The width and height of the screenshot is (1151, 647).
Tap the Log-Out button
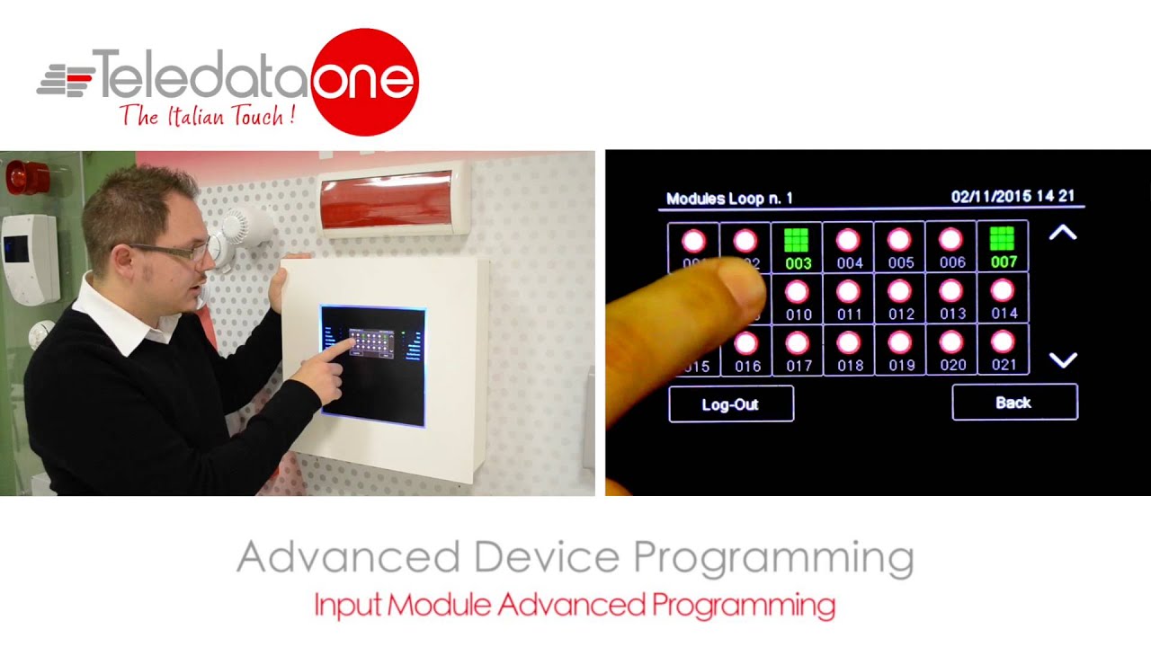tap(730, 404)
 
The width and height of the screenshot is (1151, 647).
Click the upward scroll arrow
tap(1063, 234)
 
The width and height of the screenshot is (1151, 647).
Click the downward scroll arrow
tap(1063, 360)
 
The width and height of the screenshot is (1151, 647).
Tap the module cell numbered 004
tap(849, 247)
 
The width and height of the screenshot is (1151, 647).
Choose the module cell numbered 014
tap(1003, 298)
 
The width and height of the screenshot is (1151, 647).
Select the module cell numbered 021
tap(1003, 350)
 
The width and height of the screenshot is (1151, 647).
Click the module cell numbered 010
tap(798, 298)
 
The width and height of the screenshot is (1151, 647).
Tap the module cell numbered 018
tap(849, 350)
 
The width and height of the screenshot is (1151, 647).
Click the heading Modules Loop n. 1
tap(729, 199)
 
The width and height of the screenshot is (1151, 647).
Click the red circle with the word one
tap(365, 82)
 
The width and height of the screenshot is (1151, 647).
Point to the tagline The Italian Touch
tap(207, 116)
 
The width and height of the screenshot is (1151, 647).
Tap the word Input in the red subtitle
tap(347, 604)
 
